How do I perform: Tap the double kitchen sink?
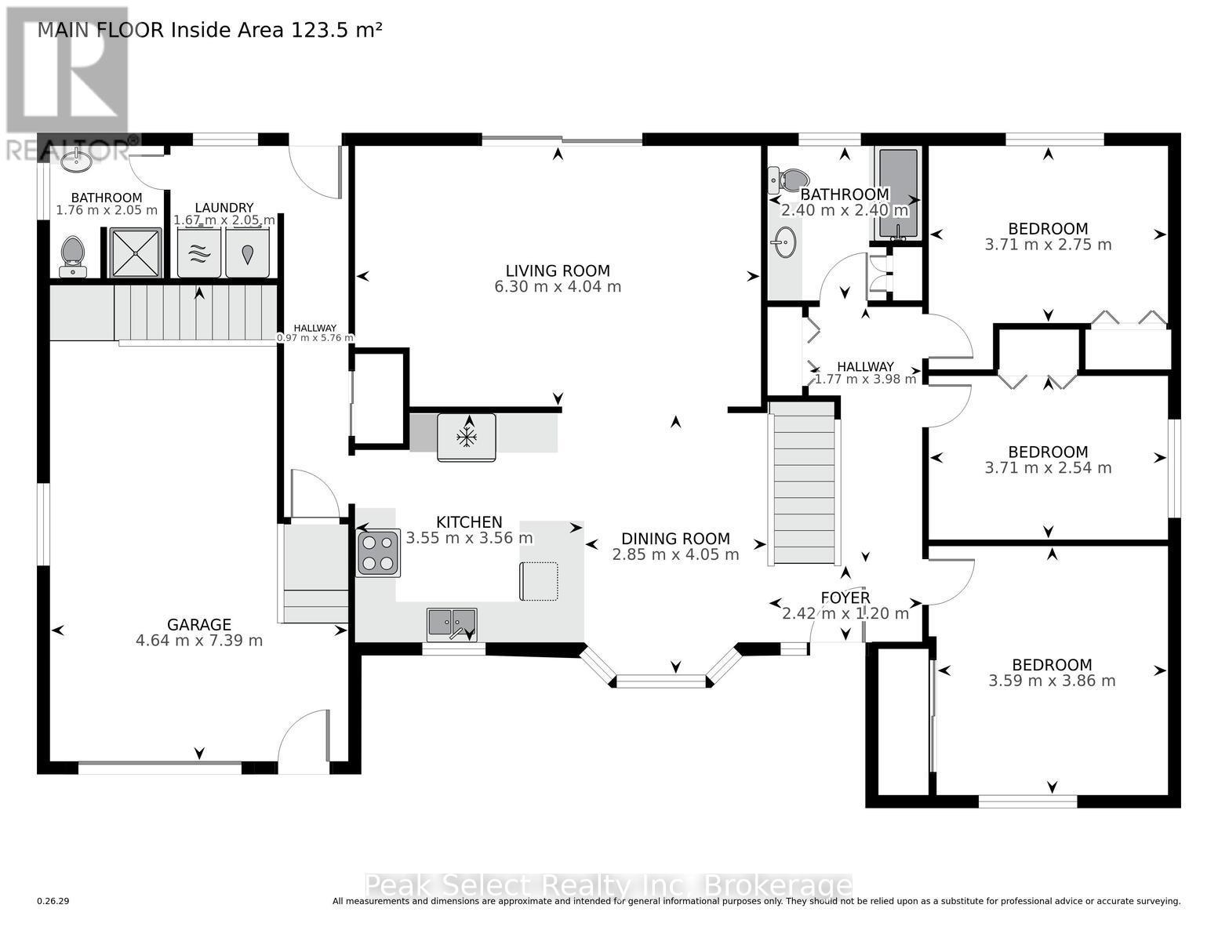pos(452,624)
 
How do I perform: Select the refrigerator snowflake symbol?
pos(467,437)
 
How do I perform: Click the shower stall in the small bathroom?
pos(136,253)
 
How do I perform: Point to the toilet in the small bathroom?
pos(72,254)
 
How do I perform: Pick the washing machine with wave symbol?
pos(199,253)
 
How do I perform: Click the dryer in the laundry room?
pos(248,253)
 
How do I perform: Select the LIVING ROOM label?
pos(558,271)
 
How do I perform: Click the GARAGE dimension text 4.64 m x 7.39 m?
pos(199,641)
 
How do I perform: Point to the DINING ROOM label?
pos(675,539)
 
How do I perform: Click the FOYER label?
pos(845,598)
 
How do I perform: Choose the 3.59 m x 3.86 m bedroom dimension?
pos(1052,681)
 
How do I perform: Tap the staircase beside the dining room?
pos(803,482)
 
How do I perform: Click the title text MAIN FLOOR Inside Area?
pos(210,30)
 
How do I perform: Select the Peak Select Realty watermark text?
pos(609,886)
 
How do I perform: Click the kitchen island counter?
pos(539,581)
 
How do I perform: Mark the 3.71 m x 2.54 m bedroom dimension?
pos(1048,468)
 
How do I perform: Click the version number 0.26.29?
pos(53,902)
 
